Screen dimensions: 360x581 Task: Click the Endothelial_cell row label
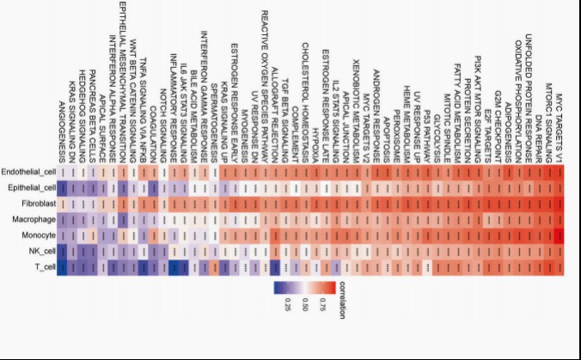click(x=29, y=171)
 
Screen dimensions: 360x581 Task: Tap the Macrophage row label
click(x=35, y=220)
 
